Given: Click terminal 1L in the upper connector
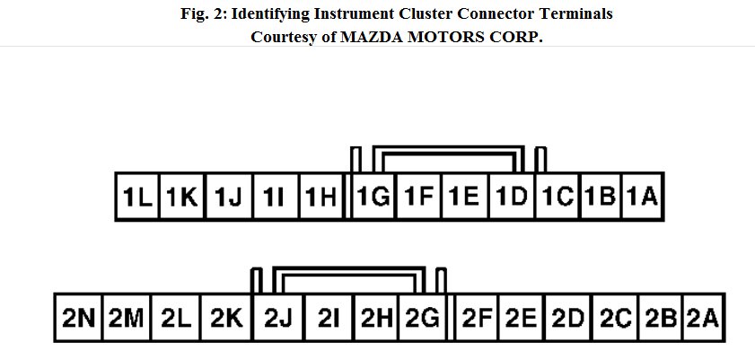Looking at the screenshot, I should (137, 197).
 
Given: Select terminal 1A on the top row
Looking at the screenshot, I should (643, 197).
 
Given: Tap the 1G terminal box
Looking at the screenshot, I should (372, 197).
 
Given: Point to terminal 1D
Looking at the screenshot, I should (511, 197).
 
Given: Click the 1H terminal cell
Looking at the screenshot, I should (320, 197).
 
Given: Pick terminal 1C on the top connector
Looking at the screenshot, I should (557, 197).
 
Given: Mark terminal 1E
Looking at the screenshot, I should (464, 197).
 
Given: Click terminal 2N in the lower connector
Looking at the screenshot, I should (79, 318).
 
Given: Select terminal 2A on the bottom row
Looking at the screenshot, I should (703, 318).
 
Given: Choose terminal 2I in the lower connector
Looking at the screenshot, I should (329, 318).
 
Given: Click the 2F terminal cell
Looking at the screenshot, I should (477, 318).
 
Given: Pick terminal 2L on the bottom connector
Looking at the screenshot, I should (177, 318).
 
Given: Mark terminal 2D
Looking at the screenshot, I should (568, 318).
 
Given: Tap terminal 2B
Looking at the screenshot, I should (661, 318).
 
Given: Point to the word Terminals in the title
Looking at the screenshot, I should (580, 14).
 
